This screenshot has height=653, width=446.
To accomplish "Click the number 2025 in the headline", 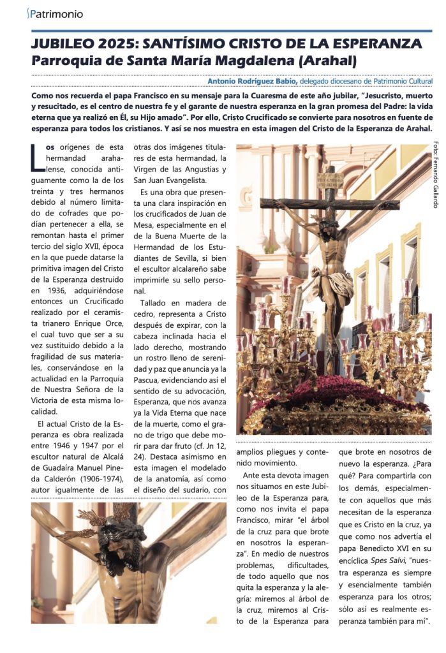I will (116, 44).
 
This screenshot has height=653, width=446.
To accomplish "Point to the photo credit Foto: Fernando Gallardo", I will (436, 173).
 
